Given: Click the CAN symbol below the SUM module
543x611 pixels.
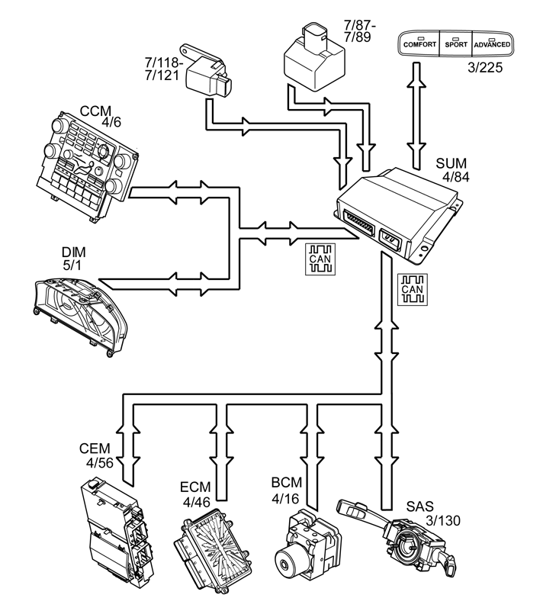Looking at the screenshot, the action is click(x=412, y=290).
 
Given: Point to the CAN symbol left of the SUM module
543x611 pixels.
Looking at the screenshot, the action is click(x=320, y=259).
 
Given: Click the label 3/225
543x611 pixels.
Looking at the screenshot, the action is click(x=485, y=68).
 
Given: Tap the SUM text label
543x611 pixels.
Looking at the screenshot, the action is click(x=451, y=163).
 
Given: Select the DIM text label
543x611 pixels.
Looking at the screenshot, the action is click(x=74, y=252).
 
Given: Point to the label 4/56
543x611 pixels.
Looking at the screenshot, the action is click(x=100, y=462).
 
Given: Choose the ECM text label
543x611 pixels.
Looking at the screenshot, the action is click(x=195, y=487).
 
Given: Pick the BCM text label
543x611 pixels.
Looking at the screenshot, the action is click(x=287, y=482).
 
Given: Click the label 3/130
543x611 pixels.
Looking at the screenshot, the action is click(x=443, y=520).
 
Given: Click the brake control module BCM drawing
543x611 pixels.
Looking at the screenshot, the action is click(x=308, y=545).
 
